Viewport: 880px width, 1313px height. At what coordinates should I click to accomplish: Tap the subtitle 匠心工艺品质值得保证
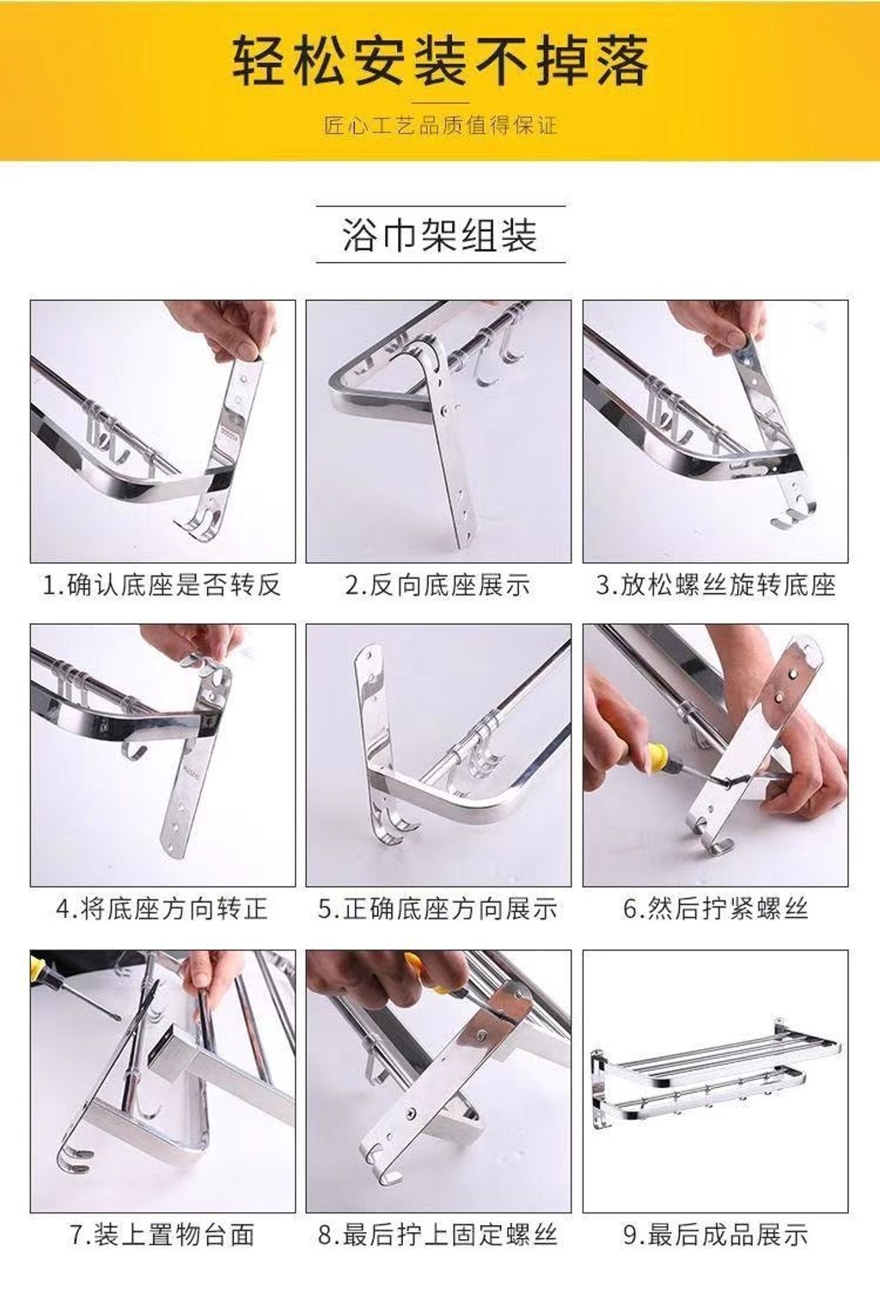coord(440,125)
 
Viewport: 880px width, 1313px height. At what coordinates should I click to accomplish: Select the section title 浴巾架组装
coord(440,235)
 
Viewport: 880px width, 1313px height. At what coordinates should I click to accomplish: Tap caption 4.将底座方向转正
coord(162,909)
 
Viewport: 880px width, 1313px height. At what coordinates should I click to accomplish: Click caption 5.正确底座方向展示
coord(438,909)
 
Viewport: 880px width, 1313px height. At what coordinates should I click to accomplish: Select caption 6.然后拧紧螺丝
coord(715,909)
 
